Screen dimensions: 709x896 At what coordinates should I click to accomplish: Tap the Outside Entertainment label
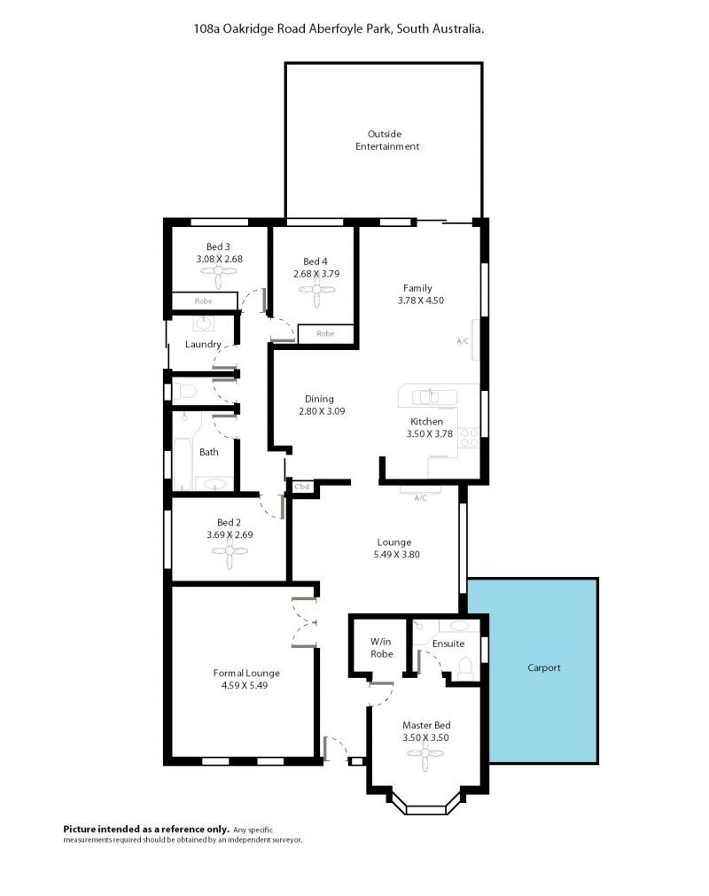tap(386, 140)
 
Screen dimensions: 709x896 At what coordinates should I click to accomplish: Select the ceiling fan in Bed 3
tap(220, 277)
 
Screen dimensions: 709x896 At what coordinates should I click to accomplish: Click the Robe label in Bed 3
tap(203, 301)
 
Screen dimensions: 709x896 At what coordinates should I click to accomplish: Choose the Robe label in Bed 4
tap(325, 334)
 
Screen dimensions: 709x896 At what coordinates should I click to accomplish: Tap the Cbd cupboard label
tap(301, 487)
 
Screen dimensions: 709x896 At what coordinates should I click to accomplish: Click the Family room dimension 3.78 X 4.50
tap(420, 300)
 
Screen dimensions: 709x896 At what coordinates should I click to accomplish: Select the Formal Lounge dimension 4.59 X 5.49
tap(245, 685)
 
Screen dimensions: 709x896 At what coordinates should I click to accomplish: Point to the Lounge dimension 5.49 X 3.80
tap(396, 554)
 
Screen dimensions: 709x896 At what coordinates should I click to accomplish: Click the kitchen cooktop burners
tap(469, 439)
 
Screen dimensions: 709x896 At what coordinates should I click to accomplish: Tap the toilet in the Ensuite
tap(465, 668)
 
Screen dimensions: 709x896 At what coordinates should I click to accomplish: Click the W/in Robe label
tap(382, 648)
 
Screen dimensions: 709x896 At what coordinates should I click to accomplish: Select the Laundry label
tap(203, 344)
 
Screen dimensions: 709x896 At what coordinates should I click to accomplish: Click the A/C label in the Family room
tap(463, 341)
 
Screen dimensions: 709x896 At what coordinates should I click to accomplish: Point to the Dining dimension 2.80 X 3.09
tap(322, 411)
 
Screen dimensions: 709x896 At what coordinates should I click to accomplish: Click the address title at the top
tap(339, 28)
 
